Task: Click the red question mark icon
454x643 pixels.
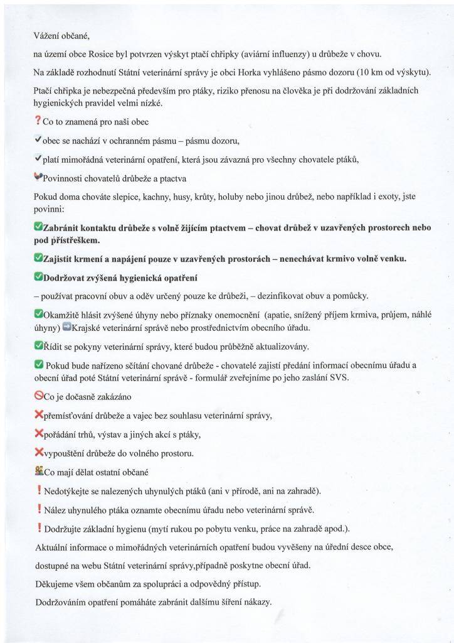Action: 38,121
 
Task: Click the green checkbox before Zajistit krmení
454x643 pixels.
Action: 38,257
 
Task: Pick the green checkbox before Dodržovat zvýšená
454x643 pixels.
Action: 38,276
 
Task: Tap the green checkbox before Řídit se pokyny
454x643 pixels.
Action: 38,346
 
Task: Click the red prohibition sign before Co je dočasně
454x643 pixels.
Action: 38,396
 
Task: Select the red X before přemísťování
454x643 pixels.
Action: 38,415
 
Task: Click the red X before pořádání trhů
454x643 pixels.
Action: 38,434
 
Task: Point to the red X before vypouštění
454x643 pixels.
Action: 38,452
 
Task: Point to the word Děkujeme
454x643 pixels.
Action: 56,583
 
